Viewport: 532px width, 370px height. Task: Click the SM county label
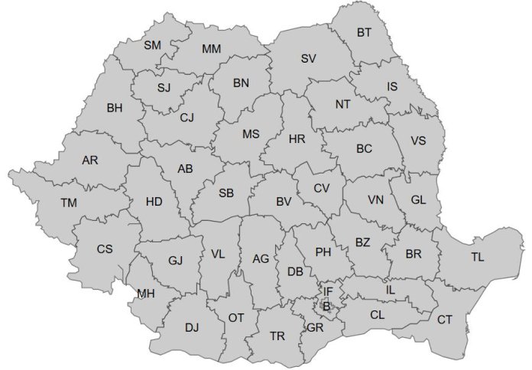click(152, 45)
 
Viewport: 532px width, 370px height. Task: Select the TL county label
click(478, 257)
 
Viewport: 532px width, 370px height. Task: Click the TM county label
click(69, 203)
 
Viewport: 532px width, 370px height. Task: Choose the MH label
click(145, 294)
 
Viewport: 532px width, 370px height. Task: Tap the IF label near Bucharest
click(328, 291)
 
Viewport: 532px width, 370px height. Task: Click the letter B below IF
click(326, 306)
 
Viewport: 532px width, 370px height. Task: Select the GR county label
click(314, 328)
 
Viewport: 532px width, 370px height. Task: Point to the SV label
click(308, 59)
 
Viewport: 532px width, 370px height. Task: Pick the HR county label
click(297, 139)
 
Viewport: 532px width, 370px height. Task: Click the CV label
click(322, 188)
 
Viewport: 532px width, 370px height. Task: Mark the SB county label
click(225, 193)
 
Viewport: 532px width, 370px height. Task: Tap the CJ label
click(187, 118)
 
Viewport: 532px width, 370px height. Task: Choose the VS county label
click(418, 141)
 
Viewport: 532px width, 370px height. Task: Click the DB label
click(296, 271)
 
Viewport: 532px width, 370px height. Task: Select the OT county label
click(236, 316)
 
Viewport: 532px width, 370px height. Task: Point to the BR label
click(414, 254)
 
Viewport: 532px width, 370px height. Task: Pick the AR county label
click(90, 161)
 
